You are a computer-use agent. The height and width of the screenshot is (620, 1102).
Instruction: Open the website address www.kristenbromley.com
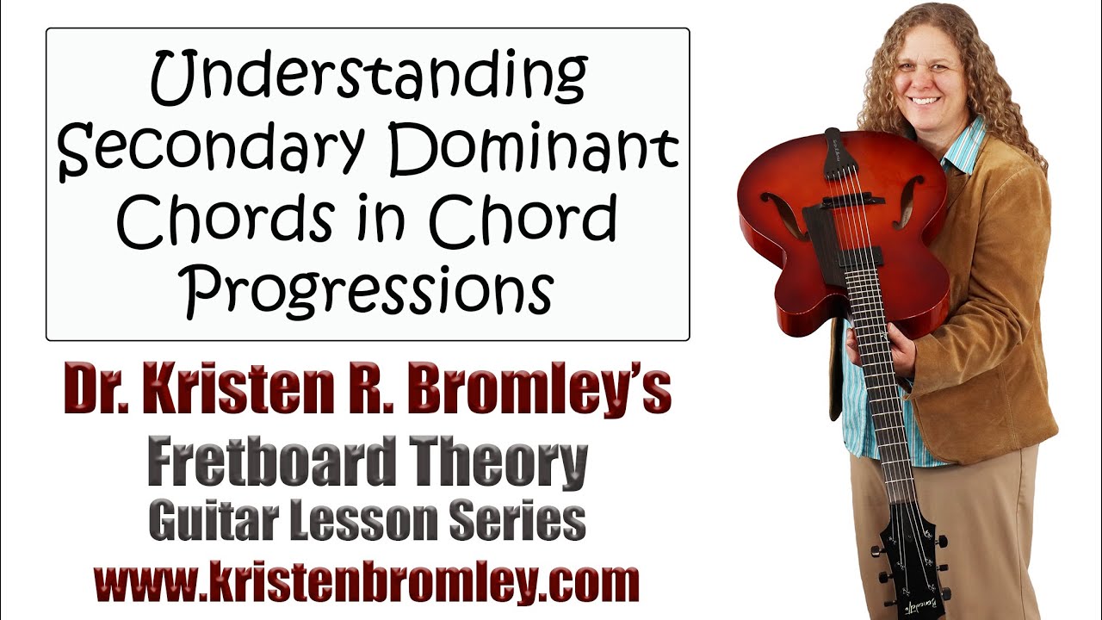367,582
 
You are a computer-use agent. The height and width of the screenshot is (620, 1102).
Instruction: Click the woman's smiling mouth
926,100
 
